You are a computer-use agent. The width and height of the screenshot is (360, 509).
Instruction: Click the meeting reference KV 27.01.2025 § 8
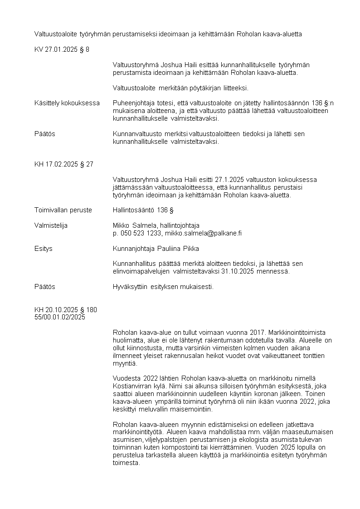(x=62, y=49)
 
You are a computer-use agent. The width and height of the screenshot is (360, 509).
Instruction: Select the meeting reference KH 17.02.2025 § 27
(x=63, y=164)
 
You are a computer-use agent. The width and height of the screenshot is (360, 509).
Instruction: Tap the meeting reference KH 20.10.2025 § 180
(x=65, y=310)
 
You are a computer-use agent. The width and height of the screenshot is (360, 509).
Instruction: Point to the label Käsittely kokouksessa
(x=67, y=103)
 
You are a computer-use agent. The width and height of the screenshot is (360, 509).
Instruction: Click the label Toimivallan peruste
(x=63, y=210)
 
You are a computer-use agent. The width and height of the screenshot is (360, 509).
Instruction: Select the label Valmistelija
(x=51, y=225)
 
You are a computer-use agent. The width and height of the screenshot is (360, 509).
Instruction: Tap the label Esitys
(x=43, y=249)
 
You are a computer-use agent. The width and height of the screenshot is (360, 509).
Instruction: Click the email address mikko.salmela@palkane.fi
(x=203, y=233)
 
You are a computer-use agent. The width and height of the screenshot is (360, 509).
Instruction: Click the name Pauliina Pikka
(x=178, y=249)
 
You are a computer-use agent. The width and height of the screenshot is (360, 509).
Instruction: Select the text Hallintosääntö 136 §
(x=143, y=210)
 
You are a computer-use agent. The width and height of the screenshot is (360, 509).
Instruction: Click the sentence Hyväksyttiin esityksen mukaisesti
(x=163, y=287)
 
